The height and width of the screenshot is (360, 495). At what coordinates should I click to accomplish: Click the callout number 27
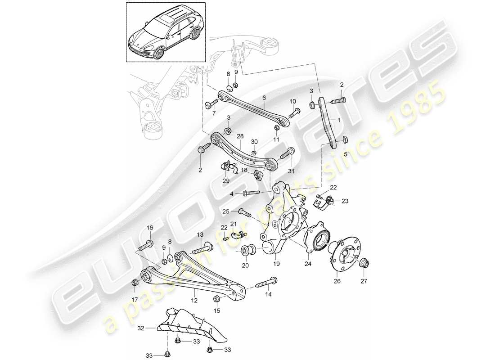coord(364,281)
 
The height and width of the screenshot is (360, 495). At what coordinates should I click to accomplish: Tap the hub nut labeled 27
coord(364,265)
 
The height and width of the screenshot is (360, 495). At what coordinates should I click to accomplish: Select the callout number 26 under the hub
coord(337,281)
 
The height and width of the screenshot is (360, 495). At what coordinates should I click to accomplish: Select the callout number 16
coord(150,228)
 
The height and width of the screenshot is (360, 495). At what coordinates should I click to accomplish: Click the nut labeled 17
coord(134,283)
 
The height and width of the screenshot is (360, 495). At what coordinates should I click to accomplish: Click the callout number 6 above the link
coord(264,97)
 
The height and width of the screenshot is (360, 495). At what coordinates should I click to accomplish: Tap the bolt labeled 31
coord(287,155)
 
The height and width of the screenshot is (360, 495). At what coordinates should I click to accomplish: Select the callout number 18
coord(243,171)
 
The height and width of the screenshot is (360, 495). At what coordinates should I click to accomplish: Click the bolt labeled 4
coord(251,193)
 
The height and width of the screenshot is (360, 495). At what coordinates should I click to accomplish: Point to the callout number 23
coord(345,202)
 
